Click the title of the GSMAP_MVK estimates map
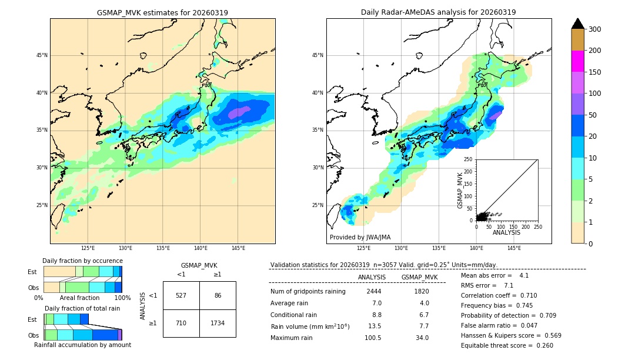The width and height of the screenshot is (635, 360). pos(162,12)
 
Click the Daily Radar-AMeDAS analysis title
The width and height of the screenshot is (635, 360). pos(439,12)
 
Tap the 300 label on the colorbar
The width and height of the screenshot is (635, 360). pos(595,29)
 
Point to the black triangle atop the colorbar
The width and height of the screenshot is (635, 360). pos(578,24)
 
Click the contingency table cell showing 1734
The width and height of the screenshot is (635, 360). pos(218,323)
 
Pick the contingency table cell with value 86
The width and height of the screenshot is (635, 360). pos(218,295)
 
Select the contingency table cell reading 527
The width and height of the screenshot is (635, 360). pos(181,295)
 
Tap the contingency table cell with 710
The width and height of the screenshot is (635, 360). pos(181,323)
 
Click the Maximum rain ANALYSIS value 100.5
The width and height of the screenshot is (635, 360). pos(372,338)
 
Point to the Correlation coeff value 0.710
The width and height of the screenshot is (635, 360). pos(524,295)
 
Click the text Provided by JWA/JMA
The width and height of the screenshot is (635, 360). pos(360,238)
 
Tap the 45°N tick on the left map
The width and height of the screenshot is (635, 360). pos(42,55)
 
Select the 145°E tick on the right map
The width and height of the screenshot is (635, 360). pos(514,248)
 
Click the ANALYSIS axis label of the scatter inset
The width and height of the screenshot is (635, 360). pos(506,232)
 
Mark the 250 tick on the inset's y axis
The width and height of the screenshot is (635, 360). pos(468,159)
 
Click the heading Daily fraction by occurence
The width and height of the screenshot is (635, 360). pos(82,261)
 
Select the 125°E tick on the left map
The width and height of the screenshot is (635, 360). pos(88,248)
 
